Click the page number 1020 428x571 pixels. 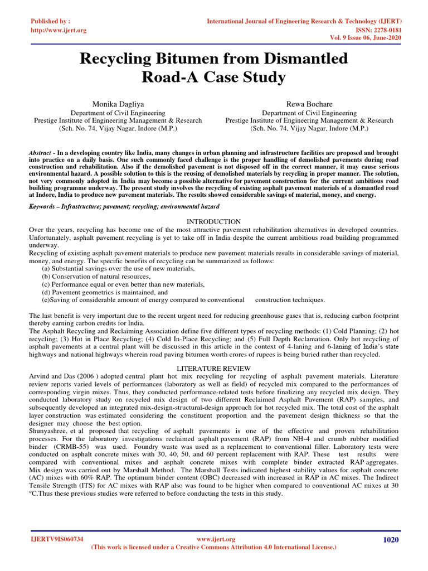pyautogui.click(x=391, y=539)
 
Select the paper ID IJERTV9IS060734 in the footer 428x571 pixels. pyautogui.click(x=57, y=539)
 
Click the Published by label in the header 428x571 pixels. pyautogui.click(x=51, y=21)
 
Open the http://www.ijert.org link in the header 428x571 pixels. pyautogui.click(x=59, y=30)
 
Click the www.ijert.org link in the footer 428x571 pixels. pyautogui.click(x=217, y=539)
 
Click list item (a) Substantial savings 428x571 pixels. pyautogui.click(x=118, y=268)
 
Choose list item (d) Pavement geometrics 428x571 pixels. pyautogui.click(x=105, y=292)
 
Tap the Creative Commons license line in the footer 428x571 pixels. pyautogui.click(x=213, y=548)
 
